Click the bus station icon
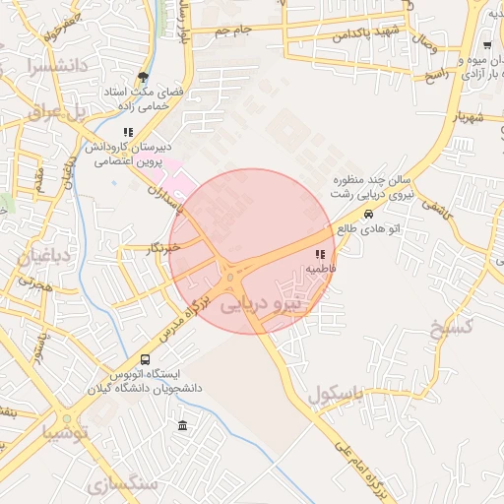146,359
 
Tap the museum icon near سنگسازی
183,426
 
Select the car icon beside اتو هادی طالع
368,214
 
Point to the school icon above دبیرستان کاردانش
126,132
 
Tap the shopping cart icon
487,46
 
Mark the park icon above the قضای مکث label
144,77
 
